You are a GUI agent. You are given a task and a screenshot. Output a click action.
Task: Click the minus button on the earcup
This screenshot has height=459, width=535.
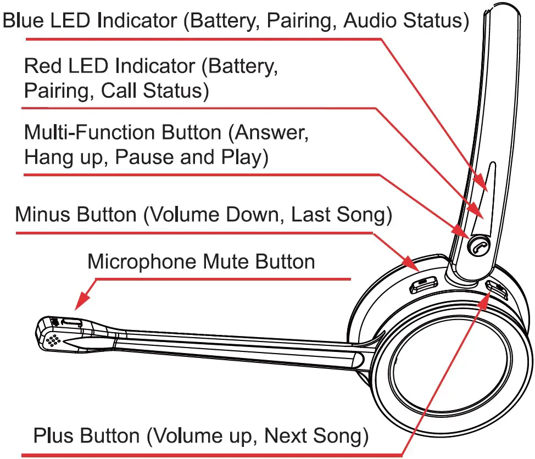[423, 284]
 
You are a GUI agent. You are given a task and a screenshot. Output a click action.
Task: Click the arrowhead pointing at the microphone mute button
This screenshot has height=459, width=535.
[82, 301]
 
